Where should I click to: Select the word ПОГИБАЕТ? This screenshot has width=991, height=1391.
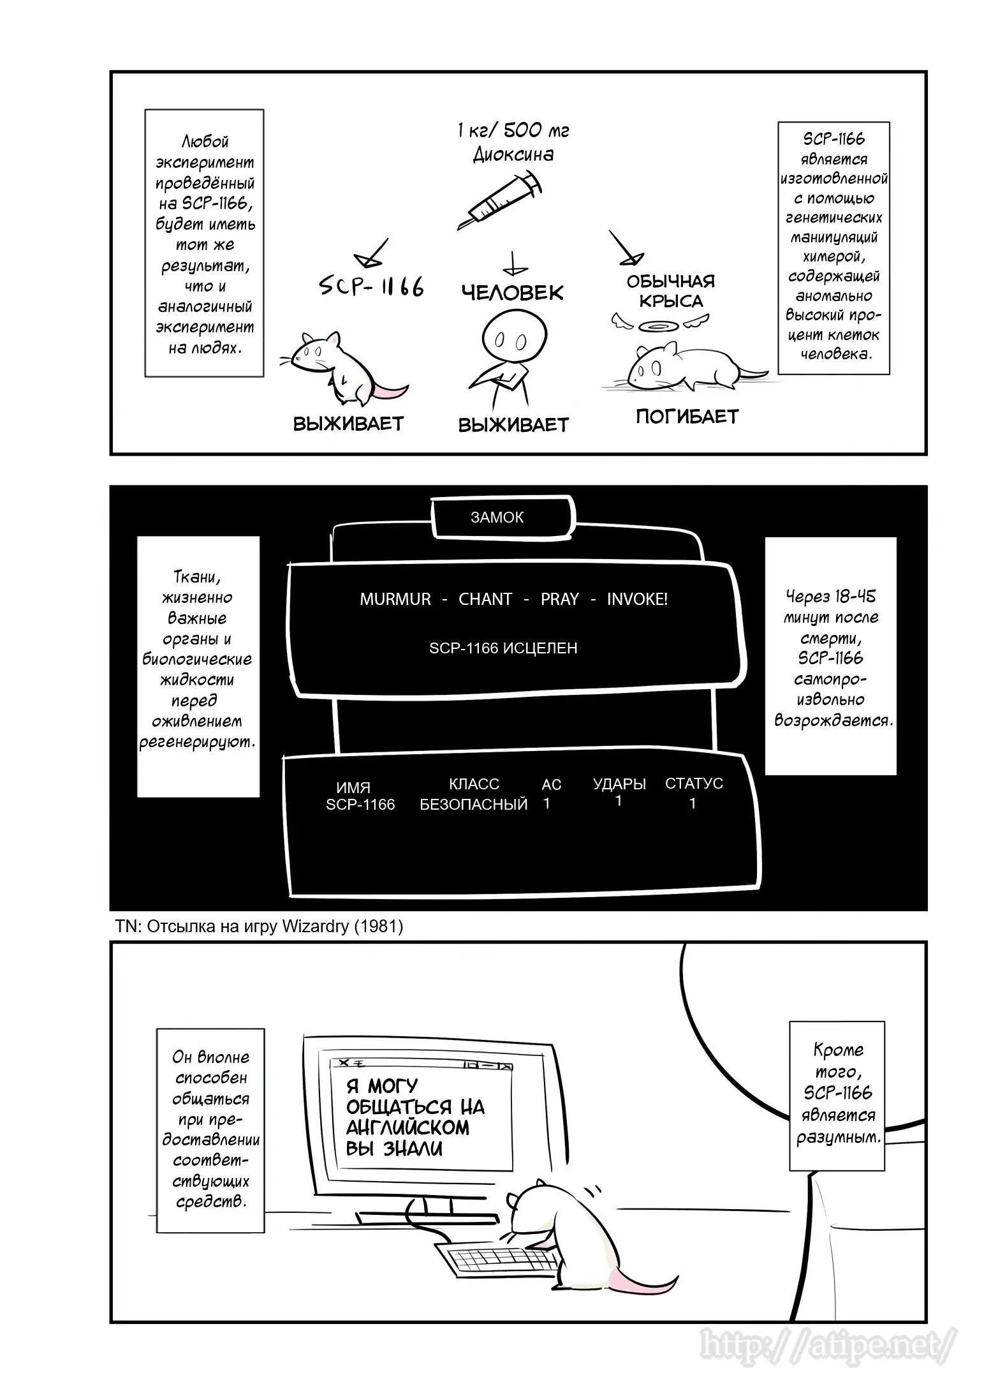coord(687,417)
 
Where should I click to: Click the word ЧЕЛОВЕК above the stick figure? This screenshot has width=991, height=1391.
coord(513,293)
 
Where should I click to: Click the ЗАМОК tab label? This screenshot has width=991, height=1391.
coord(497,517)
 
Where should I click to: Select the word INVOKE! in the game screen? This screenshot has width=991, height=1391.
coord(637,599)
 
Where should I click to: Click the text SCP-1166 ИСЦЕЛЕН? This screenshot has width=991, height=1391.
coord(503,648)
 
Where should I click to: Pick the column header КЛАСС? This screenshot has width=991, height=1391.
coord(474,784)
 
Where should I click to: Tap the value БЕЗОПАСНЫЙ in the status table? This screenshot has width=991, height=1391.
coord(474,805)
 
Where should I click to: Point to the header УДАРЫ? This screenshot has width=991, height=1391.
coord(619,784)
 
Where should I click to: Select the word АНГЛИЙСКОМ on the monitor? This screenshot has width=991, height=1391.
coord(408,1127)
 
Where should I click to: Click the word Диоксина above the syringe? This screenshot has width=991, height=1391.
coord(513,155)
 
